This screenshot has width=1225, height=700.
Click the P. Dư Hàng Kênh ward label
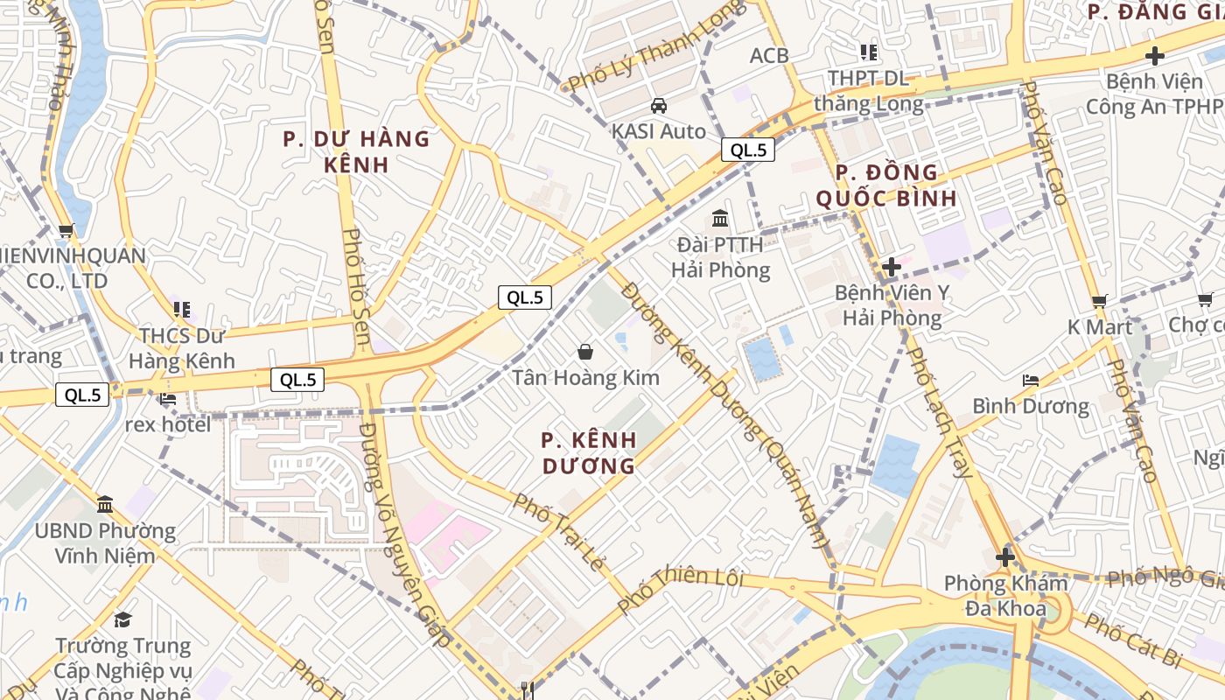click(x=356, y=151)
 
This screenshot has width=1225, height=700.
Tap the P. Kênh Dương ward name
click(x=588, y=452)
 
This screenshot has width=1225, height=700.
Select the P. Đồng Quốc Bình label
click(x=886, y=185)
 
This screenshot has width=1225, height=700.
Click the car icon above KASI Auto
click(x=658, y=106)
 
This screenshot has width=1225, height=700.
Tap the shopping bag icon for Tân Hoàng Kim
click(x=585, y=352)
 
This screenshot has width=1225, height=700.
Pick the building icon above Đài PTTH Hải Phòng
click(x=720, y=218)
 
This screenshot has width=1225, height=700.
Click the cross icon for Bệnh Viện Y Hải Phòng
click(x=892, y=266)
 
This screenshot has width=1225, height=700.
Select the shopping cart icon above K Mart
click(x=1100, y=301)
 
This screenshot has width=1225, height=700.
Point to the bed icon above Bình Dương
click(x=1031, y=381)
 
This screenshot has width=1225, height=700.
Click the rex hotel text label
click(x=168, y=424)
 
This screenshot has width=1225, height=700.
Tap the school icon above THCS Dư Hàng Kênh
click(x=181, y=309)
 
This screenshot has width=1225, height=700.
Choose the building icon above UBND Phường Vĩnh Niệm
click(x=105, y=504)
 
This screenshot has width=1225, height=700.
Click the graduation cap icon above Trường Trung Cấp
click(x=122, y=619)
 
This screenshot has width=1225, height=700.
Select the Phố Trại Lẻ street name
click(x=557, y=531)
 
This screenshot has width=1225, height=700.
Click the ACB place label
click(x=769, y=55)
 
